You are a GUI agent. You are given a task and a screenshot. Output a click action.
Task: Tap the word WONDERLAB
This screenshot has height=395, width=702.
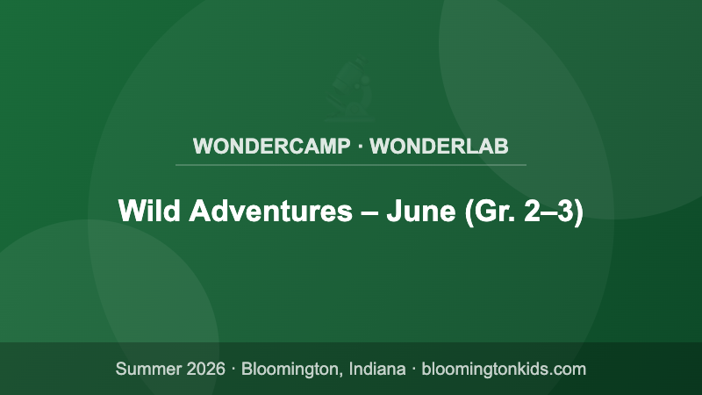[x=440, y=146]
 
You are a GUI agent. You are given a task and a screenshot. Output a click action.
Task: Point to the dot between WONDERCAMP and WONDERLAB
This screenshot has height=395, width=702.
[x=360, y=146]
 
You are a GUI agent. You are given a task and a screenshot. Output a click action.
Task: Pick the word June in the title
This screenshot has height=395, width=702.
[x=419, y=212]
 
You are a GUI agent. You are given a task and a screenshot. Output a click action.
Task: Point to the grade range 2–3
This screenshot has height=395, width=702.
[x=548, y=212]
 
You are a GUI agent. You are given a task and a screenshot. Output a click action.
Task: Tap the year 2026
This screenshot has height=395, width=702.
[x=204, y=369]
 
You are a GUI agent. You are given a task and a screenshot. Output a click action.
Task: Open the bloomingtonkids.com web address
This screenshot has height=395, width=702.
[x=504, y=369]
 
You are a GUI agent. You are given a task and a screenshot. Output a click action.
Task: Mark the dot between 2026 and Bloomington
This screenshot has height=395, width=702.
[x=233, y=369]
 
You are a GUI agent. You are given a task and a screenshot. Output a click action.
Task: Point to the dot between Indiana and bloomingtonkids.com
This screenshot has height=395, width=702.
[x=413, y=369]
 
